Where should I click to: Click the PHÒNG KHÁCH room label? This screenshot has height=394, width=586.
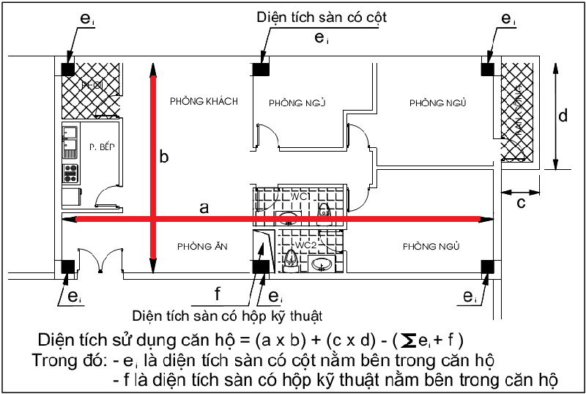[204, 101]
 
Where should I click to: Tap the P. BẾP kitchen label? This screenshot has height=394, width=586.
[103, 146]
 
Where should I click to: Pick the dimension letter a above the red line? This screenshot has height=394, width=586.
[204, 208]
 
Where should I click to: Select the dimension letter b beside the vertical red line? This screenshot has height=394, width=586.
[164, 157]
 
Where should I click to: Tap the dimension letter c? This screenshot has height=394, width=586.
[521, 203]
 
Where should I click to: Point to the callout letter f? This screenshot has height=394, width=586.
[217, 294]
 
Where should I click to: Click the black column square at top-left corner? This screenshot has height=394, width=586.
[67, 69]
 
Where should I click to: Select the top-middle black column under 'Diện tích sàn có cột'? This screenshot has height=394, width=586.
[260, 69]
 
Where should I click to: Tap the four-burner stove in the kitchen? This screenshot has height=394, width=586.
[71, 173]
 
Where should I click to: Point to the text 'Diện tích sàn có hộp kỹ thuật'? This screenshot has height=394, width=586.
[227, 316]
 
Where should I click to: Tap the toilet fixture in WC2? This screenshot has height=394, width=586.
[292, 258]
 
